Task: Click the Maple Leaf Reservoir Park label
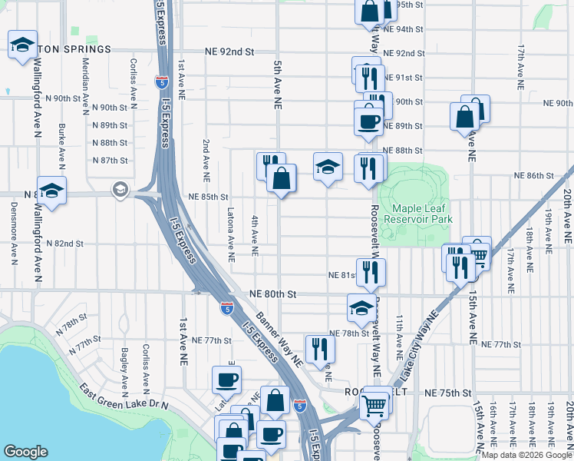pos(422,214)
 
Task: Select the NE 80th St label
pos(272,294)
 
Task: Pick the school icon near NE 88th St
pos(328,166)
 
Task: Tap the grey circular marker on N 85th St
pos(120,188)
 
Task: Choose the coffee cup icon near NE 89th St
pos(368,120)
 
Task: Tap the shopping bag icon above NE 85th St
pos(282,178)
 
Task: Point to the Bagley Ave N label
pos(124,370)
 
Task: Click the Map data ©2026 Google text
pos(526,455)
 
